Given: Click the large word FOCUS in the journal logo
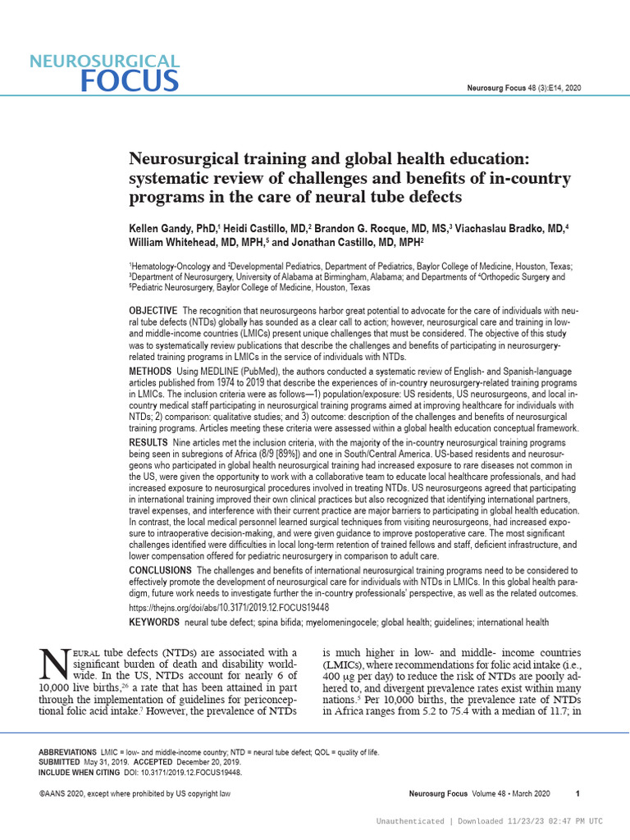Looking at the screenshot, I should tap(130, 80).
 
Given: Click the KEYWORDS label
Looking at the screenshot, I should tap(154, 623).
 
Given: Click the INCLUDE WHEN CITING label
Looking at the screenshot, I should tap(76, 772).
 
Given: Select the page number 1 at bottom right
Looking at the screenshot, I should tap(578, 794).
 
